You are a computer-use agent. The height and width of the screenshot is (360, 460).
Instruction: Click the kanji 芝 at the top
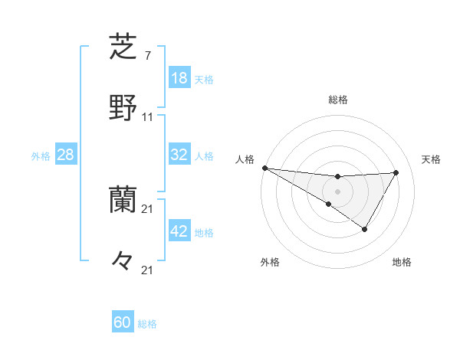coord(123,47)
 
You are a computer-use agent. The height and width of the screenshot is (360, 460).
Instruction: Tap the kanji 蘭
coord(123,201)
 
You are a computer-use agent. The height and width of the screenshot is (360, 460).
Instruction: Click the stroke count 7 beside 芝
coord(147,57)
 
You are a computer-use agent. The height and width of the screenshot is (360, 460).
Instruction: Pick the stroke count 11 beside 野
coord(148,117)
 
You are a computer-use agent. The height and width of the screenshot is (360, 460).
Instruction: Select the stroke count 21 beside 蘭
coord(148,209)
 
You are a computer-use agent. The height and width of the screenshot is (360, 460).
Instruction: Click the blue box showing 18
coord(179,78)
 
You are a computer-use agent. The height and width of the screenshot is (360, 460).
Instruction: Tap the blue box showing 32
coord(179,155)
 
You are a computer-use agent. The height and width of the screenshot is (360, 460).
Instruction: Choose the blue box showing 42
coord(179,231)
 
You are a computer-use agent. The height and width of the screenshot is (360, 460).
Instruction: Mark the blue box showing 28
coord(66,155)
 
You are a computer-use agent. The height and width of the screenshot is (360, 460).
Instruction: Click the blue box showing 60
coord(123,322)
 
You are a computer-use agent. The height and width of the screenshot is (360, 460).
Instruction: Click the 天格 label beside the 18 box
coord(204,79)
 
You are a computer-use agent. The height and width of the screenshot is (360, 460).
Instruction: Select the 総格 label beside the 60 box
coord(147,323)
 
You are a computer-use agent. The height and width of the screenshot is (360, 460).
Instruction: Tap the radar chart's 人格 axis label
coord(245,159)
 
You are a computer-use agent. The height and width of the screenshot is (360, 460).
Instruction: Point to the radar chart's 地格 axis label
coord(402,262)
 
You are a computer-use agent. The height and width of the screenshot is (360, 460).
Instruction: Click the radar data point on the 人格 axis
coord(264,168)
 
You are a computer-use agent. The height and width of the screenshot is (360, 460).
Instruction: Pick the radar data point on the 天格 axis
coord(396,172)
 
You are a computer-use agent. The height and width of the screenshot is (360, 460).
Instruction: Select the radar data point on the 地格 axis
coord(365,229)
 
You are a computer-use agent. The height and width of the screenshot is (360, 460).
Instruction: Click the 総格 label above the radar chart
coord(338,100)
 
